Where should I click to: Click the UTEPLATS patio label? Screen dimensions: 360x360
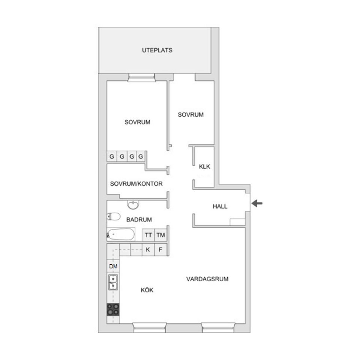point(157,50)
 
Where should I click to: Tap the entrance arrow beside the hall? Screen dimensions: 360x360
point(257,204)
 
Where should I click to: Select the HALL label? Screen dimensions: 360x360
point(220,206)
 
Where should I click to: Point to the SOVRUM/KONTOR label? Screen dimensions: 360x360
point(136,184)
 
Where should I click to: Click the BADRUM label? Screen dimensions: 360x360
point(139,220)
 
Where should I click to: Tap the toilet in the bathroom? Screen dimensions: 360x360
point(113,216)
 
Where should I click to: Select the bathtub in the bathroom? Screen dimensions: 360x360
point(121,234)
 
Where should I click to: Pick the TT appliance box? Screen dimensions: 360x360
point(148,235)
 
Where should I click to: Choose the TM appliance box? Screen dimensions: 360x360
point(161,235)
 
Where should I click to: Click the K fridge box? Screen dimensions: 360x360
point(148,249)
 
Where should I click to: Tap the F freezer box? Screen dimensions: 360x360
point(160,249)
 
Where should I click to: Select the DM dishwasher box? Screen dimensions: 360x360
point(113,267)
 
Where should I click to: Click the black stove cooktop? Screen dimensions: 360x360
point(113,309)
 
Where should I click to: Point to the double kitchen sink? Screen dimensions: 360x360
point(113,282)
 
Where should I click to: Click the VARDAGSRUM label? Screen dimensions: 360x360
point(207,279)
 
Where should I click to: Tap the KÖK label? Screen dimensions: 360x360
point(147,290)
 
